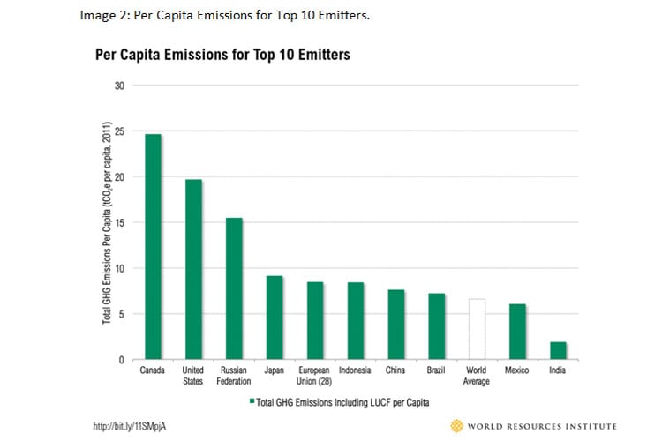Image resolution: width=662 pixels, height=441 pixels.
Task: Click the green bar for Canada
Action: [153, 247]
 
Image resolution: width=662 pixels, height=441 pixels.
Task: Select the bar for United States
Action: [193, 269]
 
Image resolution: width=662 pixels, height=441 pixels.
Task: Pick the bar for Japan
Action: [275, 318]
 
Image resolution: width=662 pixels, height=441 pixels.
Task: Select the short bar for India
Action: [558, 350]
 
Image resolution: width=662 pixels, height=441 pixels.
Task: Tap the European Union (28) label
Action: [315, 376]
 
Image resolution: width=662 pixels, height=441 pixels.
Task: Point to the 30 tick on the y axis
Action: [119, 86]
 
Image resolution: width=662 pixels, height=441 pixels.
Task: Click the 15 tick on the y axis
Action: [119, 222]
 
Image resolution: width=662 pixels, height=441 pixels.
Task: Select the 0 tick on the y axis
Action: [122, 360]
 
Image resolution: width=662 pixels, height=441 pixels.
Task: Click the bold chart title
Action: [222, 55]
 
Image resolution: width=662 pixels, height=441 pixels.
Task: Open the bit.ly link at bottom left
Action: [130, 426]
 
